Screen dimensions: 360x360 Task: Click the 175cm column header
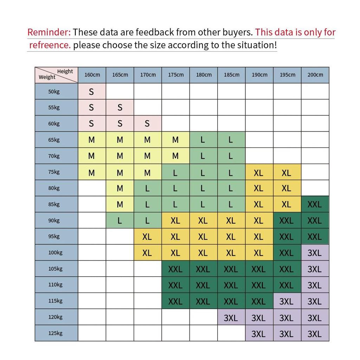176,75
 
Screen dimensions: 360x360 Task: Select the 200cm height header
315,75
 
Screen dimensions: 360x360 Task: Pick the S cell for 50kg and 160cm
92,91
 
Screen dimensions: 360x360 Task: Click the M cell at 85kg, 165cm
120,204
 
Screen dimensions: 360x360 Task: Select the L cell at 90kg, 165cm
120,220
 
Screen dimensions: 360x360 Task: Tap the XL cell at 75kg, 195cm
287,172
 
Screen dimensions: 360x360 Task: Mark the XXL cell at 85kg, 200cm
315,204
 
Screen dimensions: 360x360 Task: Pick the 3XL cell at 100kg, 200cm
315,252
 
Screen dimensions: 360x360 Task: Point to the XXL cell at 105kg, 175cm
176,269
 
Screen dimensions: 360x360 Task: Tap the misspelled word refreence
50,45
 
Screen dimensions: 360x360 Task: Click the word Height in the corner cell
65,71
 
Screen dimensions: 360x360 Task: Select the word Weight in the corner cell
47,77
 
